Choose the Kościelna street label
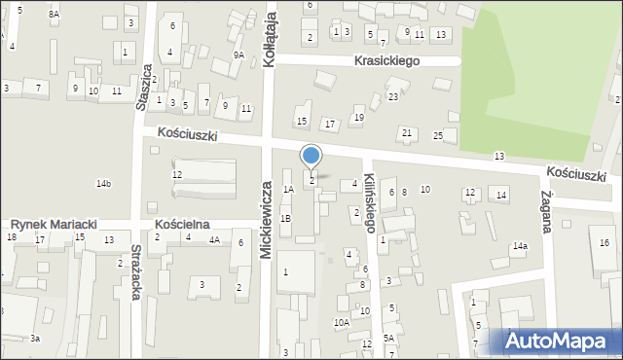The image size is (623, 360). pyautogui.click(x=182, y=224)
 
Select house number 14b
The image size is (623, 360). pyautogui.click(x=103, y=183)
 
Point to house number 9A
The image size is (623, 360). pyautogui.click(x=238, y=55)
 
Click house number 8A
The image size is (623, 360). pyautogui.click(x=55, y=14)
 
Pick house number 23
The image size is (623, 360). pyautogui.click(x=393, y=96)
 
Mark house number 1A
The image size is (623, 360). pyautogui.click(x=288, y=189)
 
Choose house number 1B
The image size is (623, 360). pyautogui.click(x=285, y=219)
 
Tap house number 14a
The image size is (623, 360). pyautogui.click(x=521, y=246)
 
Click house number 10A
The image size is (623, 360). pyautogui.click(x=341, y=322)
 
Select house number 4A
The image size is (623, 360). pyautogui.click(x=214, y=238)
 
